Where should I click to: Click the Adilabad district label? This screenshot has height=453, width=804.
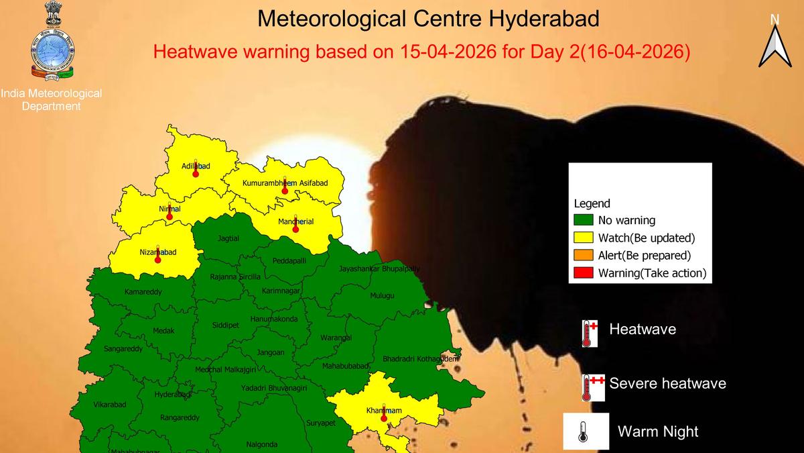click(196, 166)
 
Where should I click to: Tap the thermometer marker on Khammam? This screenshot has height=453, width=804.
click(384, 417)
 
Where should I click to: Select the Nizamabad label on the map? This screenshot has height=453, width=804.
click(158, 252)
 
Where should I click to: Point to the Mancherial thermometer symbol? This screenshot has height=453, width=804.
click(295, 228)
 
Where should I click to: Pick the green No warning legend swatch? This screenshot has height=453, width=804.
click(584, 220)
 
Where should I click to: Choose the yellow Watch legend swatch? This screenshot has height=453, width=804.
click(584, 238)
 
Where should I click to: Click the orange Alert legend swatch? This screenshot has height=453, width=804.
click(584, 256)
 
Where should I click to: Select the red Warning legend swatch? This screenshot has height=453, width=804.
click(584, 273)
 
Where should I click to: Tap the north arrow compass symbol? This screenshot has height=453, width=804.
click(775, 42)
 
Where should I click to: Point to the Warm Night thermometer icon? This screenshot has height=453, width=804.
click(585, 431)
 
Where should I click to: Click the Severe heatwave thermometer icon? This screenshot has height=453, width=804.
click(592, 387)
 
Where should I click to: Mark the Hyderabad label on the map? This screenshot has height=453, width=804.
click(173, 395)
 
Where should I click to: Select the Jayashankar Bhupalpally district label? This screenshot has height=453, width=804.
click(379, 269)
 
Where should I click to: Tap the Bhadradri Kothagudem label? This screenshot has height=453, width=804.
click(420, 360)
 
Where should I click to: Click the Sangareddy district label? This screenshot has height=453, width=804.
click(123, 349)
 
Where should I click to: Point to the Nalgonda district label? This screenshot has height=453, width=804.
click(262, 444)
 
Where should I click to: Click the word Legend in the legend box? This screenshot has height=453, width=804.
click(592, 203)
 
